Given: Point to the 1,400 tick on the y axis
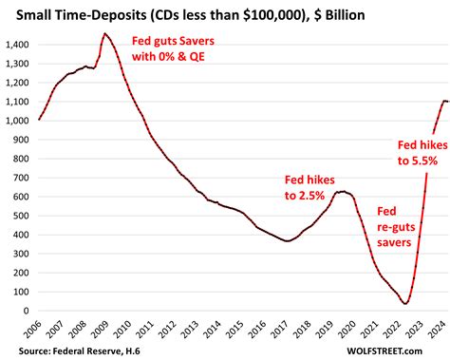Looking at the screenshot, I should (16, 45).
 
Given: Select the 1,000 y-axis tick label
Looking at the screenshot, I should (16, 121).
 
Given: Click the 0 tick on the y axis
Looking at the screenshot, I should (26, 311).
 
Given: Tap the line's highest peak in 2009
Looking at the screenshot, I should (104, 34).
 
